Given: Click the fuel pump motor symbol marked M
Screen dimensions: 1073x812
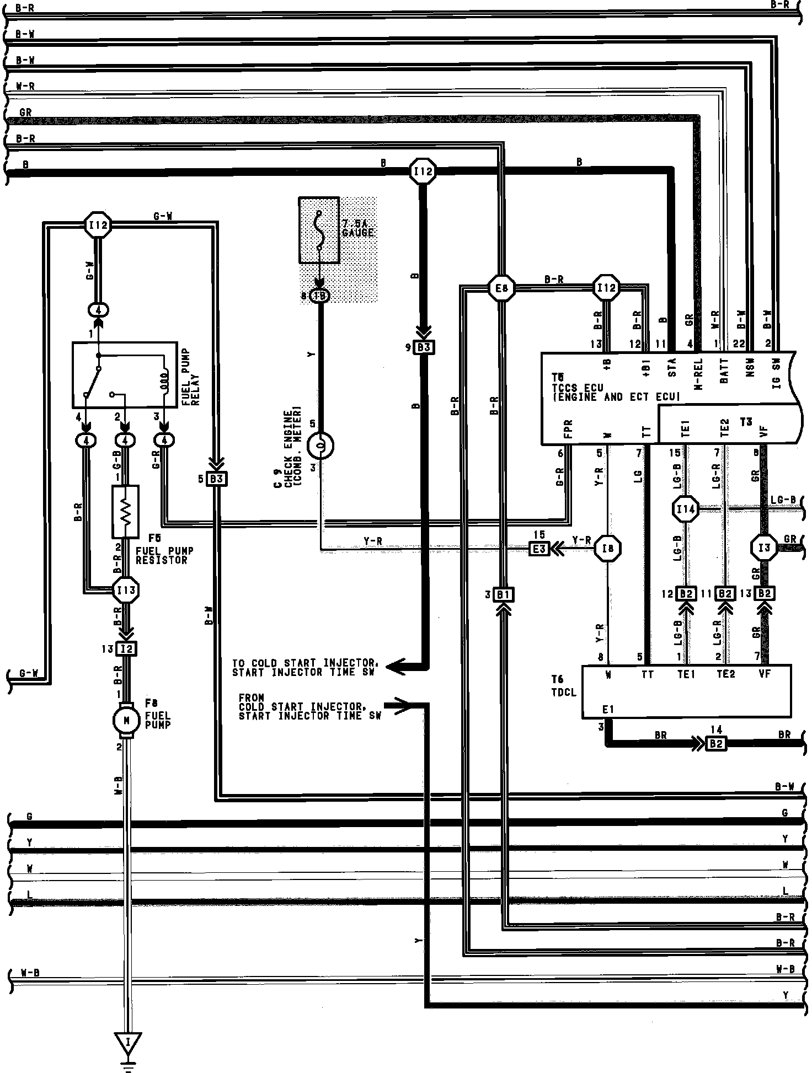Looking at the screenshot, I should click(126, 720).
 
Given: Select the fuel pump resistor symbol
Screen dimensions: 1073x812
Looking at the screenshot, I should click(125, 512).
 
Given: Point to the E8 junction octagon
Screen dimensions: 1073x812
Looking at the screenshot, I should click(501, 288).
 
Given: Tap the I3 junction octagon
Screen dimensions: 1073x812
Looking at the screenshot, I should click(763, 548).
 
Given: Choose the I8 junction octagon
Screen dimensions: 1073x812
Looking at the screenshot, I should click(608, 548).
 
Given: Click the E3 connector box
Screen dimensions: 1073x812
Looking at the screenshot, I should click(539, 549).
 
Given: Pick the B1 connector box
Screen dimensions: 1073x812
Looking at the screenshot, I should click(502, 595).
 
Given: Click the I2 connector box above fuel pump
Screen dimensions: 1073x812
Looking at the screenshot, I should click(126, 648).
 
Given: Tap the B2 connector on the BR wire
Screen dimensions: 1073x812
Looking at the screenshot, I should click(715, 743).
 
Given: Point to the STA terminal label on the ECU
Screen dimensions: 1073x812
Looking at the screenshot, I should click(671, 368).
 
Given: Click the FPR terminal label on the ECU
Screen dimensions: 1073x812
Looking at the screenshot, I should click(569, 428).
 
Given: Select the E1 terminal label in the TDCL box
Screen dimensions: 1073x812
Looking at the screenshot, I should click(608, 709).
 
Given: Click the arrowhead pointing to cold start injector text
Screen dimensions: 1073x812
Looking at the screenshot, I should click(393, 667).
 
